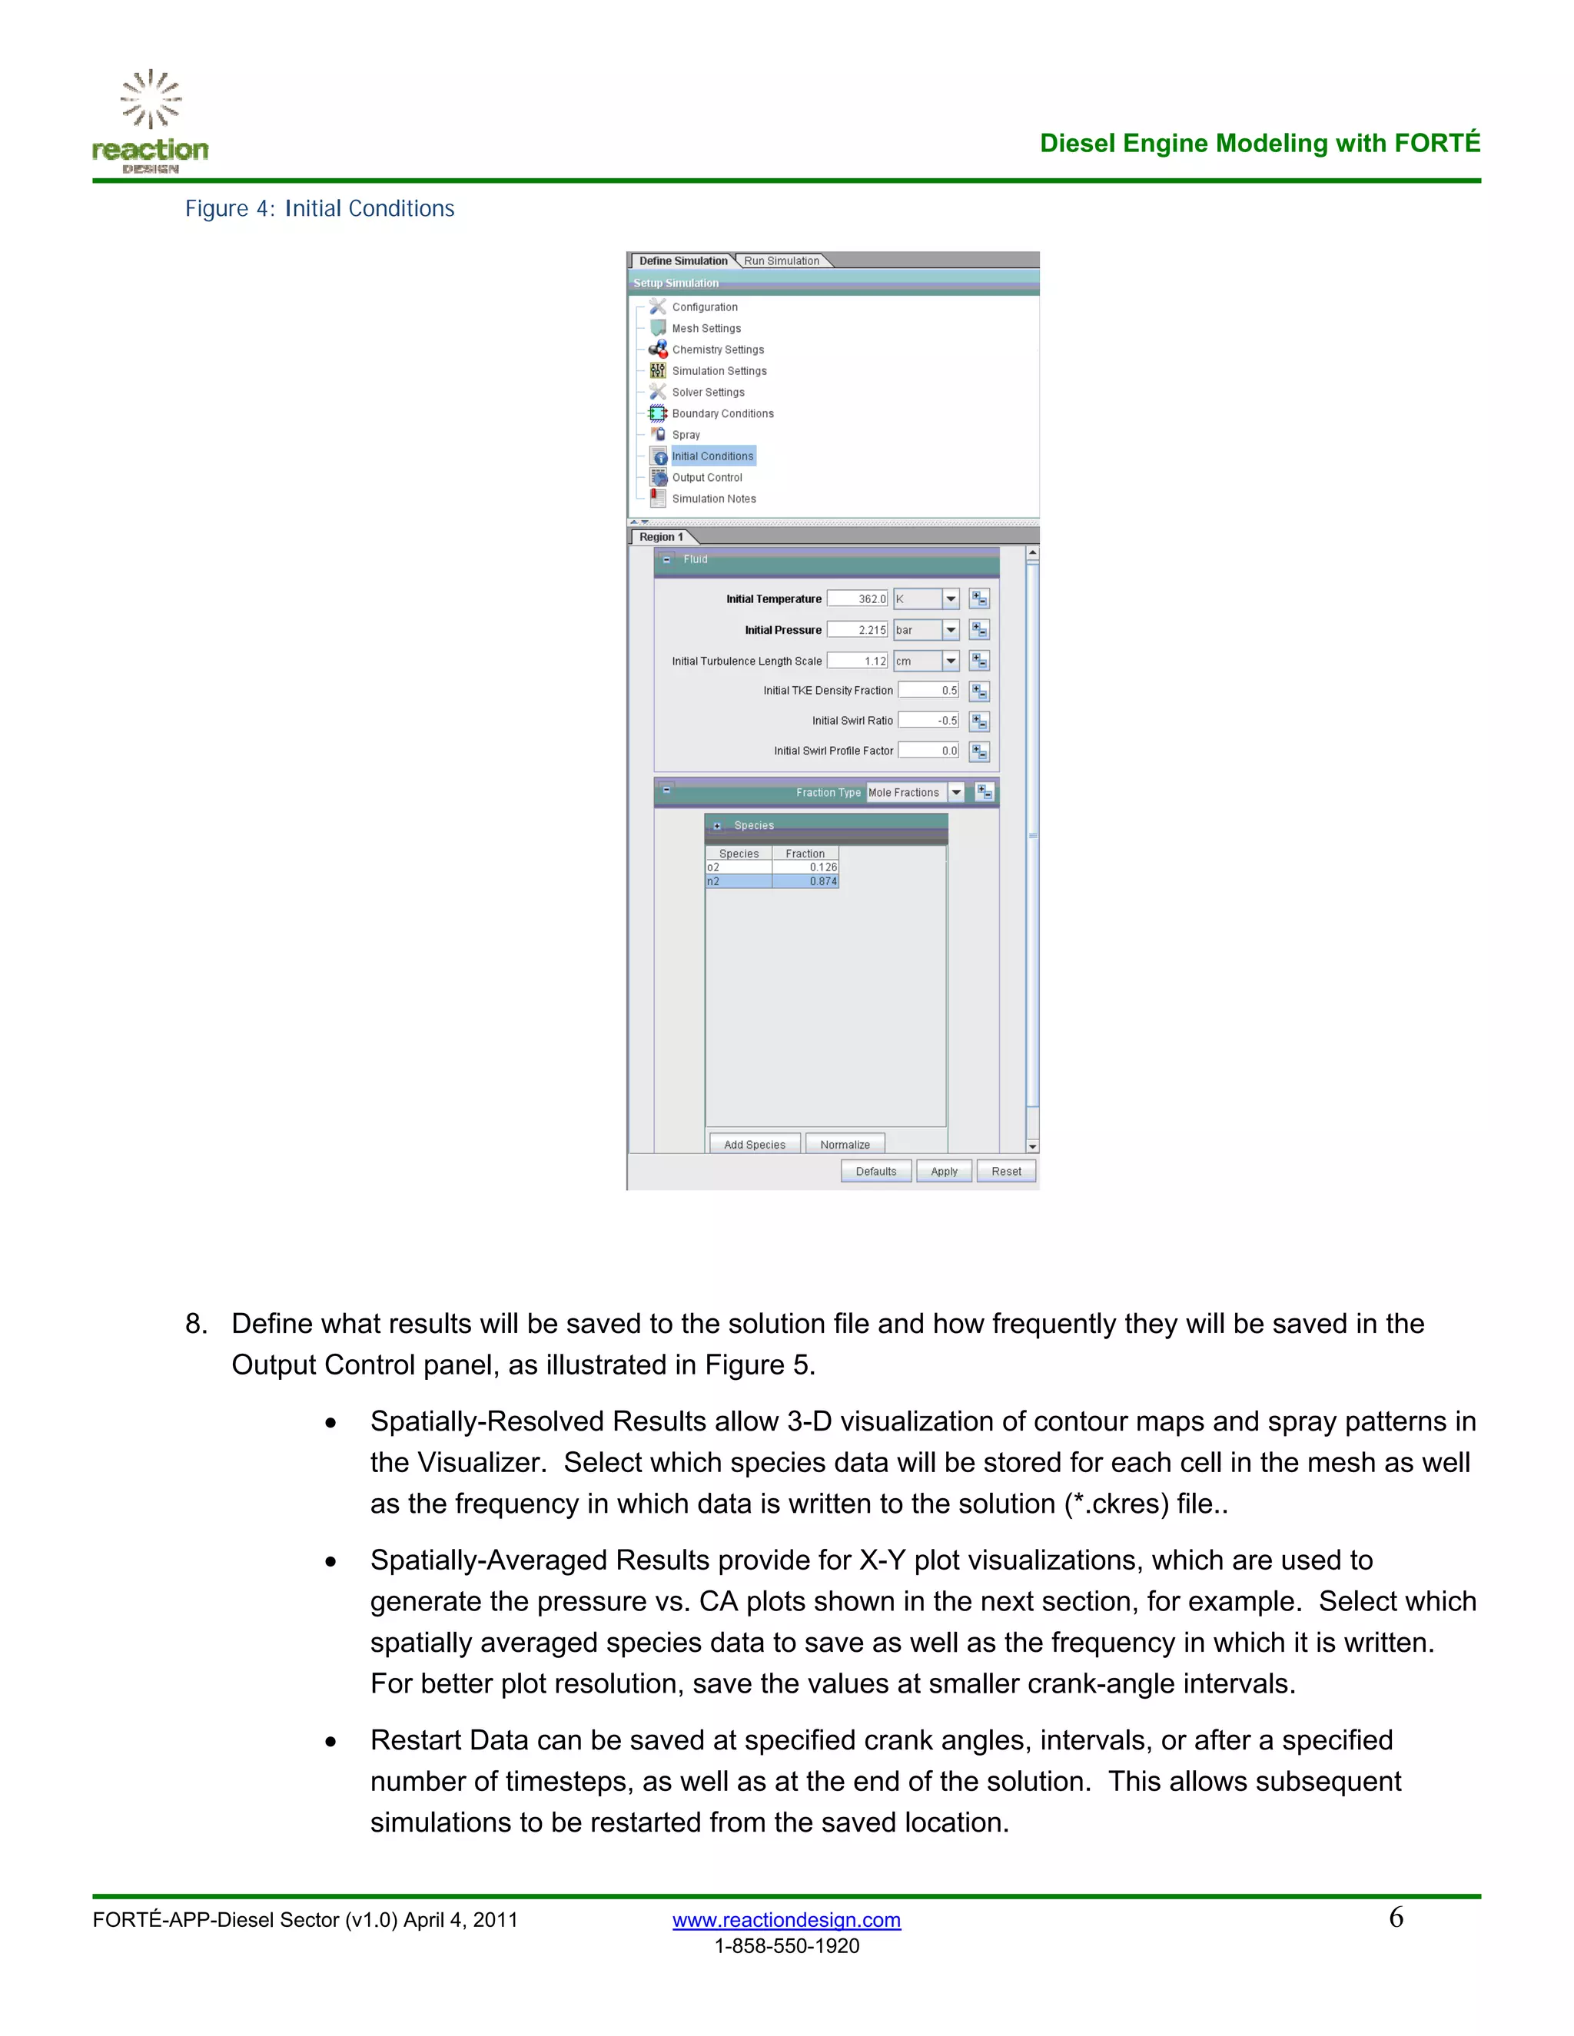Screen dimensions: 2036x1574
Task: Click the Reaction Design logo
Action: coord(150,122)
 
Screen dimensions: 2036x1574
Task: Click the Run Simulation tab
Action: coord(782,261)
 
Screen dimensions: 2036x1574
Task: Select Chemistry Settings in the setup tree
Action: coord(717,350)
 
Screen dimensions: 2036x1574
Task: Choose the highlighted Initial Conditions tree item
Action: coord(712,456)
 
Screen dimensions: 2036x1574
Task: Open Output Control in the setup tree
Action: coord(707,477)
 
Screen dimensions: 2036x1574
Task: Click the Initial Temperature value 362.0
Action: coord(857,599)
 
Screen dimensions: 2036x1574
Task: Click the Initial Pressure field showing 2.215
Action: coord(857,630)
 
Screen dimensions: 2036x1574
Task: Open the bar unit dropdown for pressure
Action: coord(950,630)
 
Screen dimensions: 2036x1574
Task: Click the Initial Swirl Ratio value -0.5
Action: coord(928,721)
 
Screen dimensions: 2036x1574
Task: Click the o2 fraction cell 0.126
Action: coord(805,867)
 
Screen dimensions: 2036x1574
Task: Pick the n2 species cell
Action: coord(739,881)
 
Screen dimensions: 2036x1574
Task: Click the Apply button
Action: coord(944,1171)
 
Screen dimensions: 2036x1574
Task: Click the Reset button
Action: coord(1006,1171)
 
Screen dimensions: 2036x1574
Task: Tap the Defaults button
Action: coord(875,1171)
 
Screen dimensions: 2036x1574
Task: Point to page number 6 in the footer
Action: coord(1395,1918)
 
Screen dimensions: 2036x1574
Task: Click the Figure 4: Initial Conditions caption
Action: coord(320,209)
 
